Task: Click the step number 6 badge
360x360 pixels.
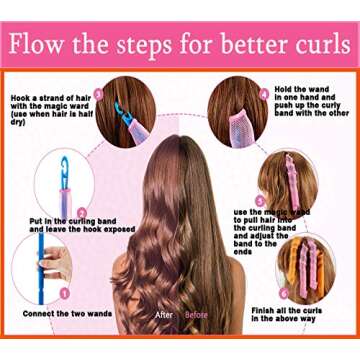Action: [284, 293]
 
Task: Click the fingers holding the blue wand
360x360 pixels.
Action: [55, 265]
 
